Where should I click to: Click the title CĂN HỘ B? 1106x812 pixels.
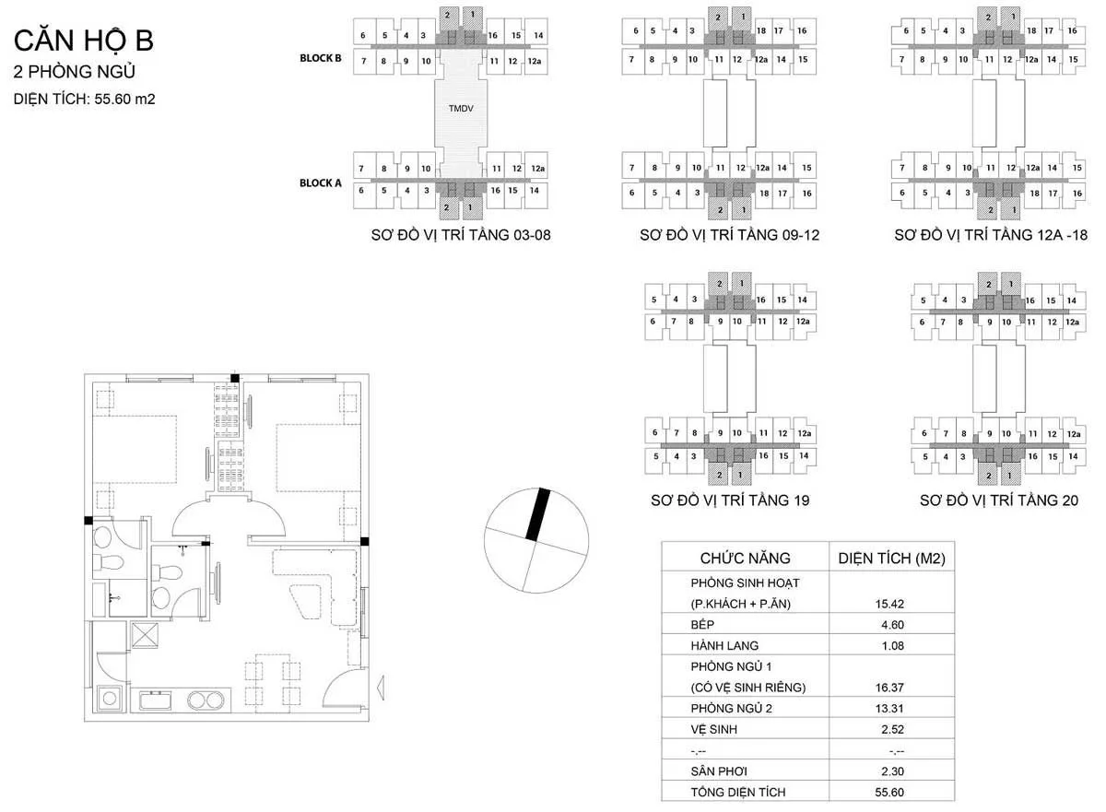[83, 41]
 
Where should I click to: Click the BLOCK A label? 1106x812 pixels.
[320, 182]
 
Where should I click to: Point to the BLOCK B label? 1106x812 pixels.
[320, 57]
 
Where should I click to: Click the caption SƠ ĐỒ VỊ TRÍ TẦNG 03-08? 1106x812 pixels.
[460, 235]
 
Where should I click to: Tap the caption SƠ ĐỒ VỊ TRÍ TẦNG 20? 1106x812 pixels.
[998, 500]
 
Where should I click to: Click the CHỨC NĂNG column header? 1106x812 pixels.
[745, 558]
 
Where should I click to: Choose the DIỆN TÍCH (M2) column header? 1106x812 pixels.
[891, 558]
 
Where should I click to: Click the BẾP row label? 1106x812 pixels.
[703, 625]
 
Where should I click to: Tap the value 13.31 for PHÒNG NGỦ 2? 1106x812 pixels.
[891, 708]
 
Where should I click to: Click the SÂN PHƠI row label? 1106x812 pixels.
[717, 771]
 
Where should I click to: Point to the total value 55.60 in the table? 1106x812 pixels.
[891, 793]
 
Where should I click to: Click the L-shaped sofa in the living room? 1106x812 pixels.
[318, 581]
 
